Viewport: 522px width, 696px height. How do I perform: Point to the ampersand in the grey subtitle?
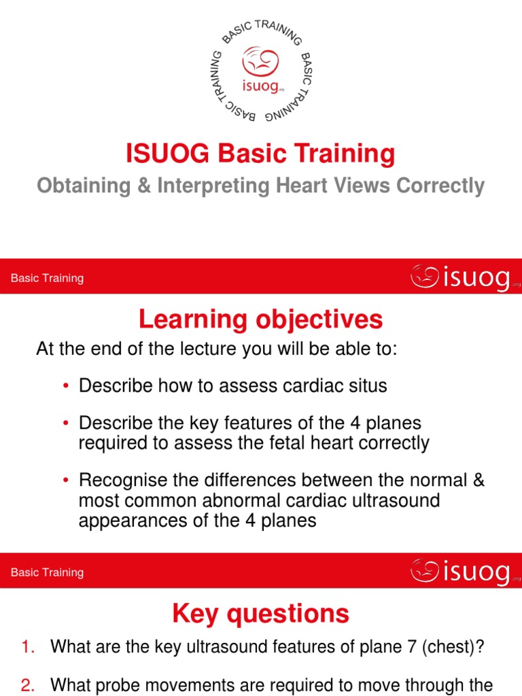(x=159, y=186)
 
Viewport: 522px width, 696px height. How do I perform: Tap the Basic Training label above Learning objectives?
(x=48, y=278)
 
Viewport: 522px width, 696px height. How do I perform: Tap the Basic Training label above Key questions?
(x=48, y=572)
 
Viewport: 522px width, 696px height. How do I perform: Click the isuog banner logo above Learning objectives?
(x=461, y=277)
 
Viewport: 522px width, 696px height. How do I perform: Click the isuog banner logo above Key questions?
(x=461, y=572)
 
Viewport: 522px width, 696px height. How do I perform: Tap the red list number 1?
(x=28, y=648)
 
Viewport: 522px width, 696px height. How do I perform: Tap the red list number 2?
(x=28, y=684)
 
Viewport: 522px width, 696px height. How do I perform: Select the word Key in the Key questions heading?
(x=195, y=614)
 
